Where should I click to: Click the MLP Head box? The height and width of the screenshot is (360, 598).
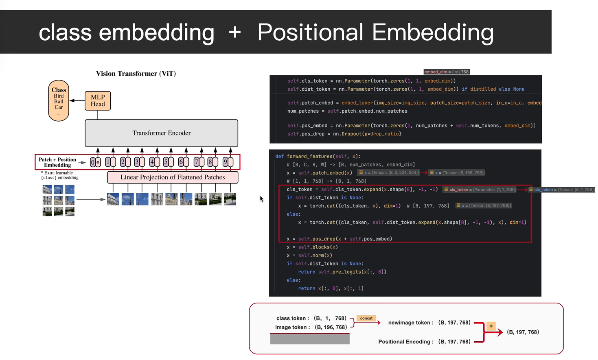[x=98, y=100]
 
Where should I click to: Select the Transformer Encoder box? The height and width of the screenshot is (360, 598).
[x=161, y=133]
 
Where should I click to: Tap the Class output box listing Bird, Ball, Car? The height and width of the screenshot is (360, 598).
[x=59, y=100]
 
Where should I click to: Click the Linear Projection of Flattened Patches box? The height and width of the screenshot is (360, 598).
[x=173, y=177]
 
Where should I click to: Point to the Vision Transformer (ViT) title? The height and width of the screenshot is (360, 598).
[x=136, y=74]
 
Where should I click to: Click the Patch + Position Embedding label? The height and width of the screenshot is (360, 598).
[x=57, y=162]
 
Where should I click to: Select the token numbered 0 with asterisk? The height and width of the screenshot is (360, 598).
[x=95, y=162]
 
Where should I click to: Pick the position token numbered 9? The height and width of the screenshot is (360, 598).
[x=228, y=162]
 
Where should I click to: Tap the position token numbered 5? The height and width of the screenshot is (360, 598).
[x=168, y=162]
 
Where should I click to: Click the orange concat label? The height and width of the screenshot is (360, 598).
[x=366, y=319]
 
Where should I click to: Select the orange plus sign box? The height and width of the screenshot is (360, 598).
[x=491, y=326]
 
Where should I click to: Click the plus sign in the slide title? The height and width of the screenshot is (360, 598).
[x=235, y=32]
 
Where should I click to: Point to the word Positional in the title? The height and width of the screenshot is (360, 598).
[x=310, y=33]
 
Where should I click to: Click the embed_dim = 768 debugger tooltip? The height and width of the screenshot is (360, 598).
[x=447, y=72]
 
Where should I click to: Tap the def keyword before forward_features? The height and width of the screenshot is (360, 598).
[x=279, y=157]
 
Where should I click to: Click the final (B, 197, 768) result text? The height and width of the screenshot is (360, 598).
[x=523, y=332]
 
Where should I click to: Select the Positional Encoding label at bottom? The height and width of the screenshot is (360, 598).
[x=405, y=342]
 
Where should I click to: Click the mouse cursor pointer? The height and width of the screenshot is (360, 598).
[x=261, y=199]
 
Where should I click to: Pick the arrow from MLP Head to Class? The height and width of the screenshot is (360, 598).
[x=77, y=100]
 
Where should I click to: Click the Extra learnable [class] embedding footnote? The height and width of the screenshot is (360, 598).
[x=59, y=175]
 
